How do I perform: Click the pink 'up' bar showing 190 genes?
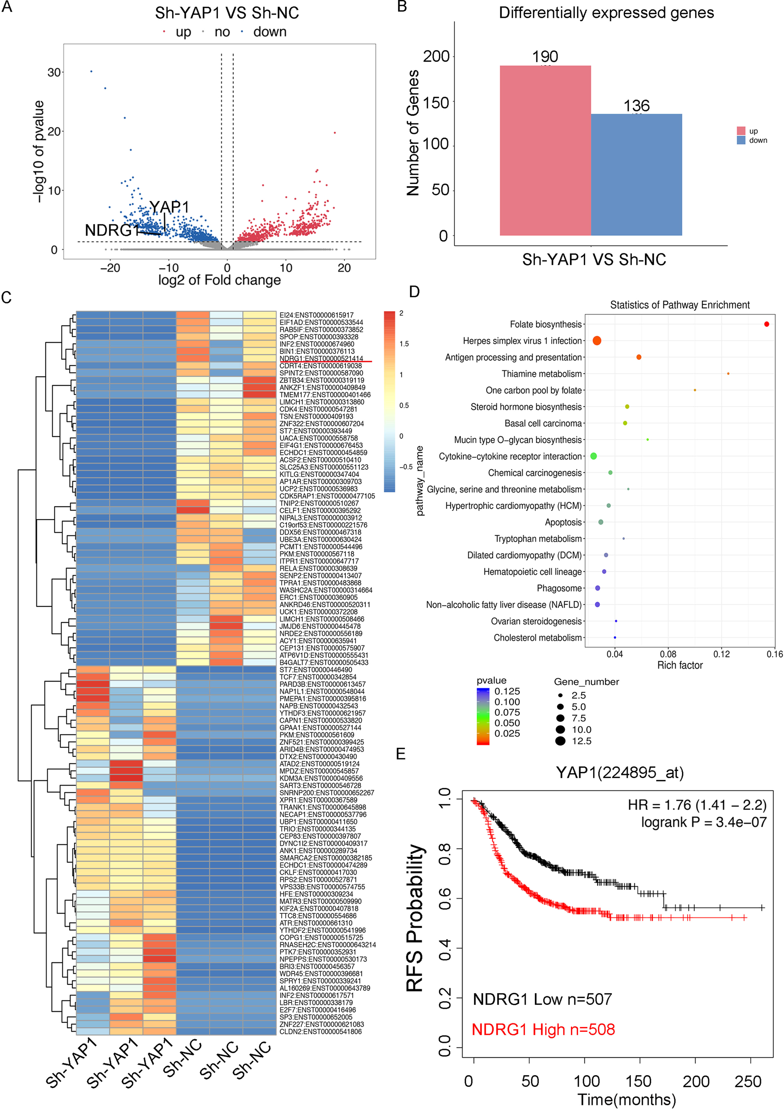click(x=545, y=150)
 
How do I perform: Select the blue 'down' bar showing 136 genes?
click(x=636, y=174)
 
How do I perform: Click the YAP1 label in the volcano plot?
click(x=169, y=207)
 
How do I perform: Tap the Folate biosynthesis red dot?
click(x=767, y=324)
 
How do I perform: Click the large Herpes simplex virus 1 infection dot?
click(x=597, y=341)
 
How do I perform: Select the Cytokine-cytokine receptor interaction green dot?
click(x=594, y=456)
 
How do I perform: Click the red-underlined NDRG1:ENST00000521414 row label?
click(x=321, y=358)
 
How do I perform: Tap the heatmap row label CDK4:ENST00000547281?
click(x=318, y=409)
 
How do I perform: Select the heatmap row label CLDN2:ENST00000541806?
click(x=320, y=1031)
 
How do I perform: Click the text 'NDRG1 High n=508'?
click(x=543, y=1029)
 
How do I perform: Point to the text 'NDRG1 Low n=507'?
click(x=542, y=999)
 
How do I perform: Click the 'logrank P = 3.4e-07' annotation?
click(x=703, y=822)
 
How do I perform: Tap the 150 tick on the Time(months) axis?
click(x=639, y=1081)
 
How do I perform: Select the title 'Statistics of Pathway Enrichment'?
click(x=680, y=305)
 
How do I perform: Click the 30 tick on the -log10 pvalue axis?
click(x=54, y=72)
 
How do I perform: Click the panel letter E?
click(x=401, y=754)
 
